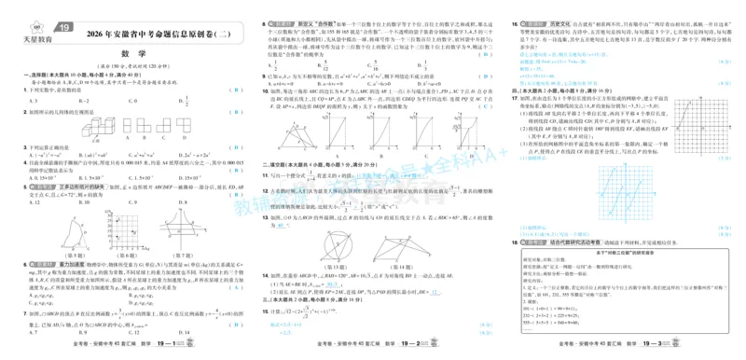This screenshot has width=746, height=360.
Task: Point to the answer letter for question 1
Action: [x=239, y=90]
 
